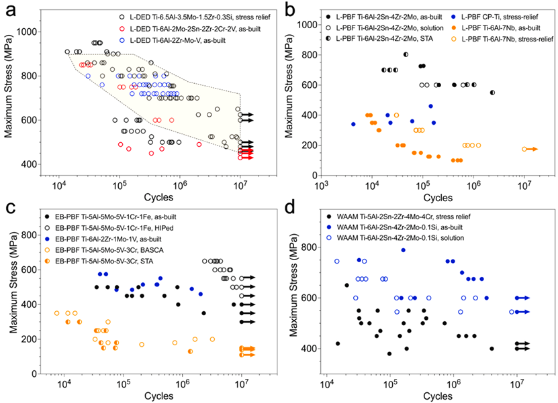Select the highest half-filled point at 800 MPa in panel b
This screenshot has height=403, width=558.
coord(406,54)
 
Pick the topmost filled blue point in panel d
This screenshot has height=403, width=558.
coord(404,250)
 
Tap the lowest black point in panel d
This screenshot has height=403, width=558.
coord(389,353)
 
